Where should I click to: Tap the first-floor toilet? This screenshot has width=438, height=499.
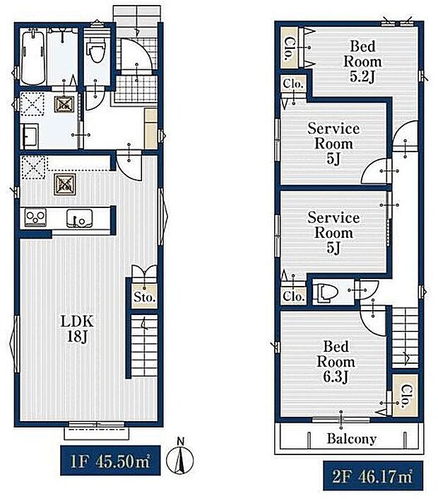pyautogui.click(x=96, y=50)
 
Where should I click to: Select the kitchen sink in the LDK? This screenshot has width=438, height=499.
pyautogui.click(x=79, y=218)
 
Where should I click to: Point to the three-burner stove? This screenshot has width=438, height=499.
pyautogui.click(x=36, y=218)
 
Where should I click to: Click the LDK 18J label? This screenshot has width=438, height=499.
pyautogui.click(x=77, y=329)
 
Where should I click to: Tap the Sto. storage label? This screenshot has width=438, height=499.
pyautogui.click(x=145, y=297)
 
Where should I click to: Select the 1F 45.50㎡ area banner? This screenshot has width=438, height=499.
pyautogui.click(x=110, y=461)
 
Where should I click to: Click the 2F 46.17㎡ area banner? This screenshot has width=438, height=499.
pyautogui.click(x=373, y=476)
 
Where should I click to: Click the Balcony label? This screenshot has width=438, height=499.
pyautogui.click(x=352, y=439)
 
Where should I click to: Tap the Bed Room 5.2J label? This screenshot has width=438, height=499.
pyautogui.click(x=362, y=62)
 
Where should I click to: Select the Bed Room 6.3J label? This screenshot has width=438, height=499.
pyautogui.click(x=336, y=362)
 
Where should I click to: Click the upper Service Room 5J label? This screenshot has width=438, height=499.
pyautogui.click(x=333, y=144)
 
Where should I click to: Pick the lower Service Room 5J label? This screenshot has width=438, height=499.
pyautogui.click(x=333, y=233)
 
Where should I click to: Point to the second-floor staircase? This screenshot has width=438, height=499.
pyautogui.click(x=405, y=338)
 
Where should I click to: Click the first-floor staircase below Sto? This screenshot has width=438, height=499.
pyautogui.click(x=145, y=345)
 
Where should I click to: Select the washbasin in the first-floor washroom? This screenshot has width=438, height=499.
pyautogui.click(x=30, y=136)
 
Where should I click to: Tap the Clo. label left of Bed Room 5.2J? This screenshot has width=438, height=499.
pyautogui.click(x=289, y=49)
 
